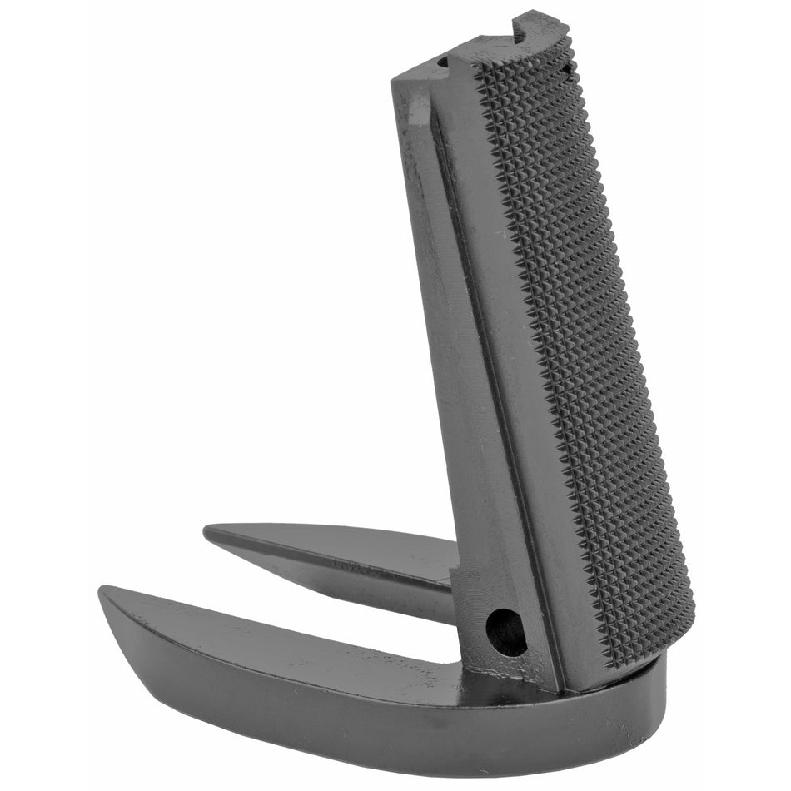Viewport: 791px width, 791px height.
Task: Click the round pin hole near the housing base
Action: (506, 631)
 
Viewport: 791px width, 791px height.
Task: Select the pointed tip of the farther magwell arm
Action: (208, 530)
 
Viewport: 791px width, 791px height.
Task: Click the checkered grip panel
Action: (583, 350)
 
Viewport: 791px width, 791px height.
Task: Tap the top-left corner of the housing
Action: (394, 79)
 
